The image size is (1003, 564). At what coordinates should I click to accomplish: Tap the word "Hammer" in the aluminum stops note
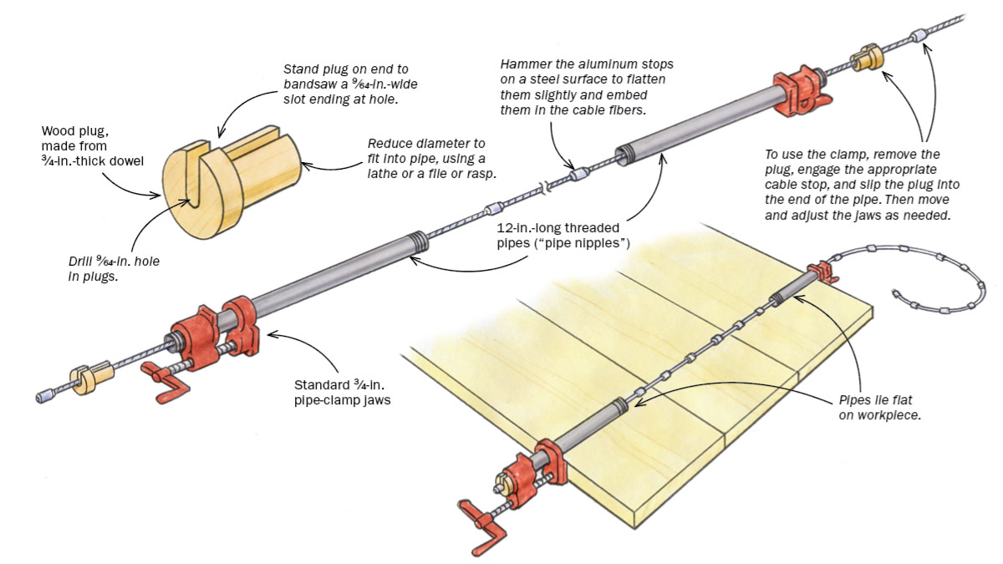tap(524, 64)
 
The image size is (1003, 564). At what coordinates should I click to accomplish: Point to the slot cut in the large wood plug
tap(195, 171)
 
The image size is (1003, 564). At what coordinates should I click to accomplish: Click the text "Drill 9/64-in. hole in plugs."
tap(114, 269)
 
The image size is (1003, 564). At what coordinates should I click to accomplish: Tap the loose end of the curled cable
tap(895, 294)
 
